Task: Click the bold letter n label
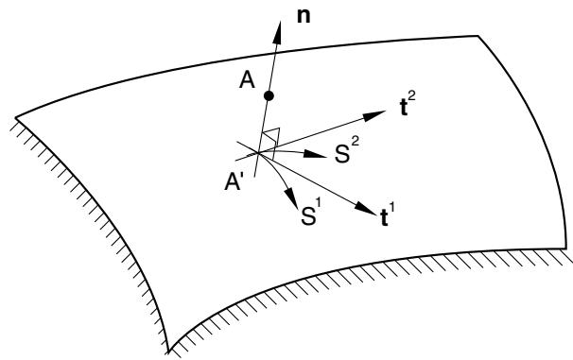pyautogui.click(x=304, y=17)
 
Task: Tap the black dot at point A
pyautogui.click(x=269, y=96)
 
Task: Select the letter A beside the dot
pyautogui.click(x=247, y=80)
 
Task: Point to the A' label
pyautogui.click(x=234, y=181)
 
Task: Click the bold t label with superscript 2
pyautogui.click(x=408, y=106)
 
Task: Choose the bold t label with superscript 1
pyautogui.click(x=387, y=215)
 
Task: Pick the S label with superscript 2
pyautogui.click(x=347, y=151)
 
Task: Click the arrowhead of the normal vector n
pyautogui.click(x=278, y=30)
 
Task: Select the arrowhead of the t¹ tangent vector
pyautogui.click(x=365, y=208)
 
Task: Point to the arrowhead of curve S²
pyautogui.click(x=315, y=154)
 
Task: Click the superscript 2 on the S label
pyautogui.click(x=356, y=145)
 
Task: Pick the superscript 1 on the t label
pyautogui.click(x=392, y=210)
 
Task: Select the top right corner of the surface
pyautogui.click(x=478, y=36)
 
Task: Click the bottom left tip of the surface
pyautogui.click(x=168, y=351)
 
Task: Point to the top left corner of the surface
pyautogui.click(x=16, y=117)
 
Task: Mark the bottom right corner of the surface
pyautogui.click(x=566, y=249)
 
